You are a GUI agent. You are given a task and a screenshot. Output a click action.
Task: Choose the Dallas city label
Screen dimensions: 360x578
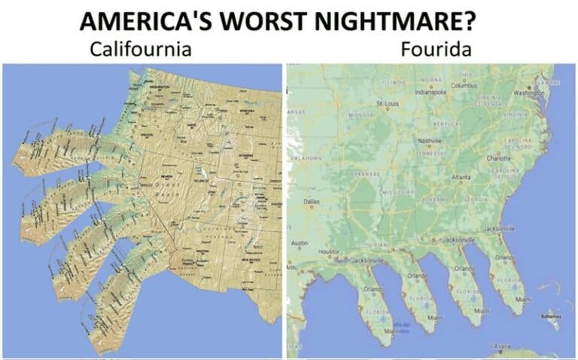point(312,201)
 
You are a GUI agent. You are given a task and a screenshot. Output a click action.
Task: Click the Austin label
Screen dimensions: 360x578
point(300,243)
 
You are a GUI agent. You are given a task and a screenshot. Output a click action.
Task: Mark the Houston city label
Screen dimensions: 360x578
point(332,249)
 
